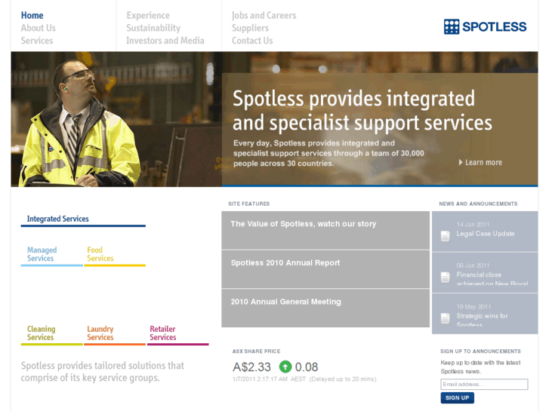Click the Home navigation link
32,15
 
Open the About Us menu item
39,28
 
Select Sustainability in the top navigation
153,28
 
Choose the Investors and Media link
165,41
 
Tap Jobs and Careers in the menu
264,15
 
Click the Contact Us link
252,41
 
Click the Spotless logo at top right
485,26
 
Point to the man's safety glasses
79,75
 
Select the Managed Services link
42,254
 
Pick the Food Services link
100,254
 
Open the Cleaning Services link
41,333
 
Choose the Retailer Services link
162,333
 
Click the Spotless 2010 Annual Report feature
285,263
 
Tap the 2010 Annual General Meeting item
286,302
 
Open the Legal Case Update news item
485,234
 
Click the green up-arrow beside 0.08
285,367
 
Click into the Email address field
484,385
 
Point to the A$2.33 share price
251,367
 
